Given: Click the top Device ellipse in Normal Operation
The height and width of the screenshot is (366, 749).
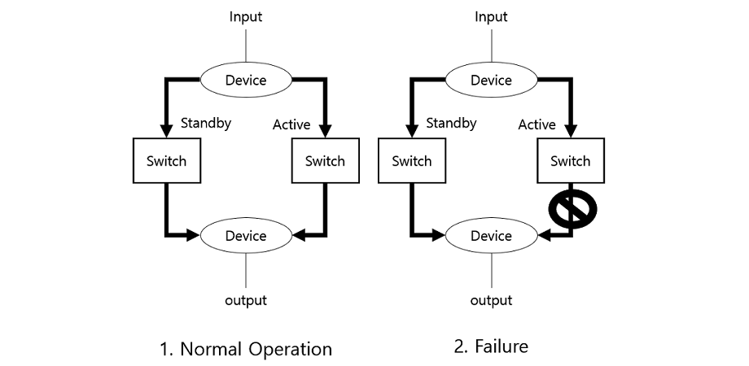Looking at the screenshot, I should tap(246, 80).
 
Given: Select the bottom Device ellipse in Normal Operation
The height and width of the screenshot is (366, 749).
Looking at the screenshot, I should tap(246, 236).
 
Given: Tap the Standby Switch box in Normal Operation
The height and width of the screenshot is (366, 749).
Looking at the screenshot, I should tap(166, 160).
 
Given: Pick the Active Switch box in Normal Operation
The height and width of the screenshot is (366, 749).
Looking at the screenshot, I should tap(325, 160).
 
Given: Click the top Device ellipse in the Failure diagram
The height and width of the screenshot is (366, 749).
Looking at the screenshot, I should tap(491, 80).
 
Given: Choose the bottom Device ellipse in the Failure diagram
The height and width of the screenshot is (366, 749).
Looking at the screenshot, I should tap(491, 236).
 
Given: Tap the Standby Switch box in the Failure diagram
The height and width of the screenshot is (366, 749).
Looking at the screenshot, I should tap(411, 160).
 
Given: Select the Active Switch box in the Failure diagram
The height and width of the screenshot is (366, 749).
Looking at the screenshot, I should tap(570, 160).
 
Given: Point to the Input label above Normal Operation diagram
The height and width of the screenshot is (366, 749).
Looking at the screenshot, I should tap(246, 16).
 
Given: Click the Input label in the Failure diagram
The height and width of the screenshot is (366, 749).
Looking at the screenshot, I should tap(491, 16).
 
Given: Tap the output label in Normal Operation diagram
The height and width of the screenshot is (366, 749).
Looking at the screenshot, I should tap(246, 301).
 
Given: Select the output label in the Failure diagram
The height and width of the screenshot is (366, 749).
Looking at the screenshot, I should tap(491, 301).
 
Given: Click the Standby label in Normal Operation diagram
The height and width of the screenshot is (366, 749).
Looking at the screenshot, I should tap(206, 124).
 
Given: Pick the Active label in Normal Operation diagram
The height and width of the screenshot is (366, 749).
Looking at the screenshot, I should tap(291, 124).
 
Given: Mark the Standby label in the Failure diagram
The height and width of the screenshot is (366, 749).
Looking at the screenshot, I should tap(451, 124).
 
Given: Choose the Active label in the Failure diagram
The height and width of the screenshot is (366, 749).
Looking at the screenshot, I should tap(537, 124).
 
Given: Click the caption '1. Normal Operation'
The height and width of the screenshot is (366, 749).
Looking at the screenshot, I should tap(246, 349).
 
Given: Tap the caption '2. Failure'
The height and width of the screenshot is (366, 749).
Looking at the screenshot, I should tap(491, 346).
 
